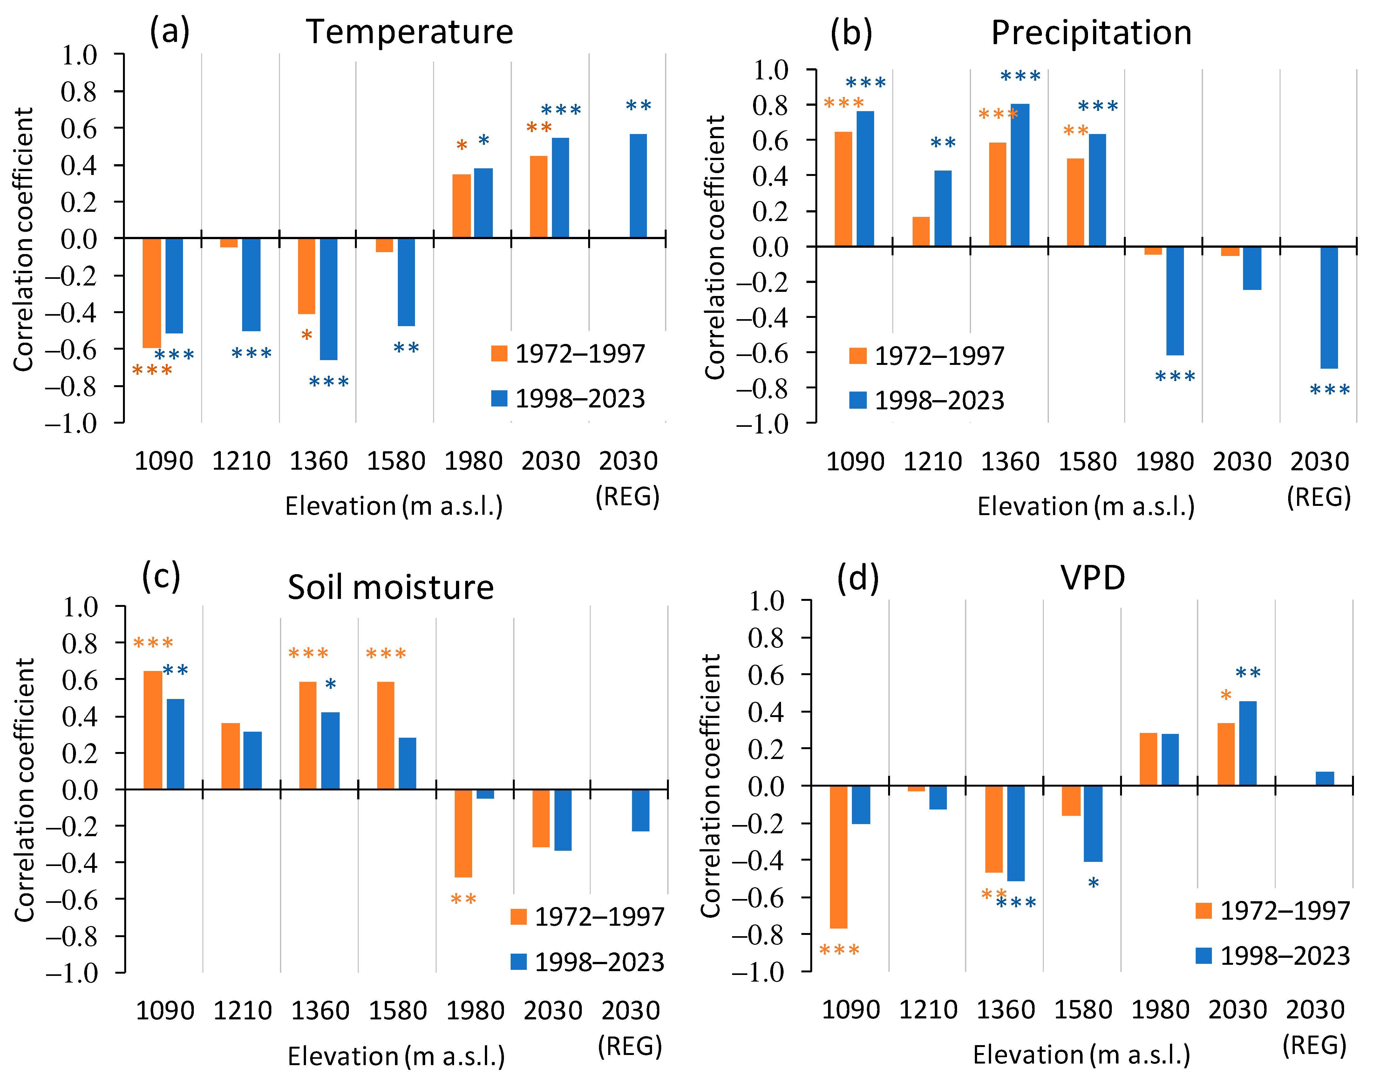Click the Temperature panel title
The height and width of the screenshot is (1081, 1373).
[409, 32]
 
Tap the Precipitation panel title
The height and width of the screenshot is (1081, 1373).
[1091, 33]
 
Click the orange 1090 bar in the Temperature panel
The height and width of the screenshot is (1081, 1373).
[151, 292]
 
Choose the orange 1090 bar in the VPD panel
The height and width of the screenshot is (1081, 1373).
[839, 856]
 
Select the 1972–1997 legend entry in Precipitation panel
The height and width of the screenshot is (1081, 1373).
[927, 356]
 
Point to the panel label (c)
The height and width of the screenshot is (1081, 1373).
[161, 576]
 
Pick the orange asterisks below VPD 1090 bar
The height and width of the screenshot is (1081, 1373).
[839, 950]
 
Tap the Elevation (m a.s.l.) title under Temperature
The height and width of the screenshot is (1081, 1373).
[394, 506]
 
